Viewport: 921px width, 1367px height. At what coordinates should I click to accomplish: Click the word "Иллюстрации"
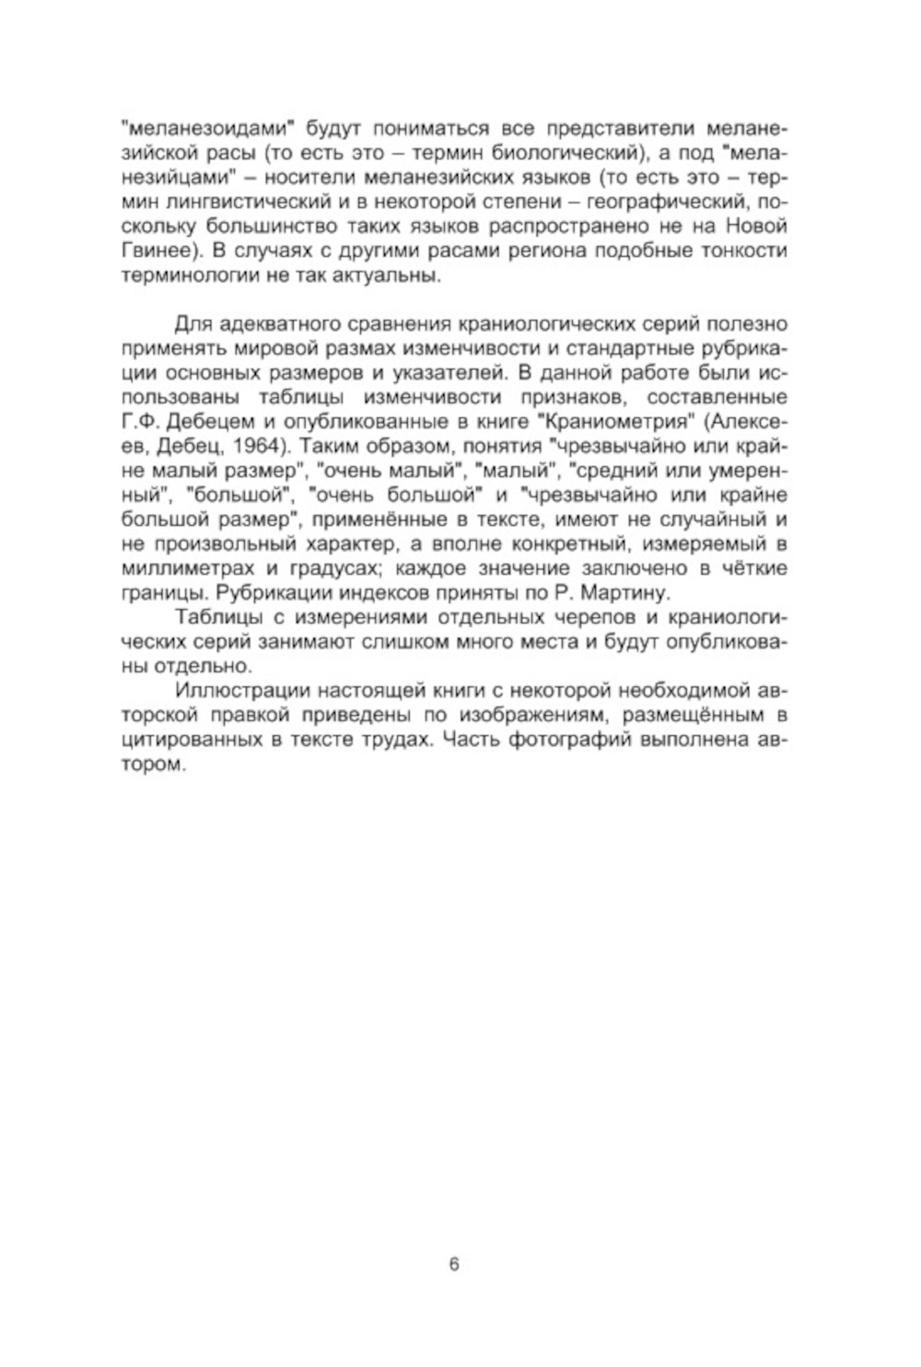(240, 692)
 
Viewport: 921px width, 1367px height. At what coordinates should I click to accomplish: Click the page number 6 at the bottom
(454, 1265)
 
